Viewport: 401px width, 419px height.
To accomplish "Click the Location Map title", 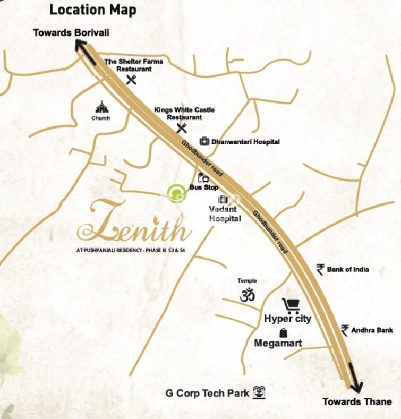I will click(x=93, y=10).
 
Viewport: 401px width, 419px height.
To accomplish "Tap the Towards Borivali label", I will click(x=71, y=32).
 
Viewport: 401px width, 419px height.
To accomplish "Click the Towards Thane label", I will click(x=357, y=401).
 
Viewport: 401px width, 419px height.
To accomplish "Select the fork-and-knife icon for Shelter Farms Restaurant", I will click(x=132, y=80).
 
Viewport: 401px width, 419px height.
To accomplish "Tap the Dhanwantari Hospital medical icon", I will click(x=204, y=141).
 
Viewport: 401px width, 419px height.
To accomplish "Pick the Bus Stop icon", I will click(x=202, y=178).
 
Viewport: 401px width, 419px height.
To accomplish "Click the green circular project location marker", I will click(x=177, y=194).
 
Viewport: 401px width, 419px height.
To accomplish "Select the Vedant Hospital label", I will click(x=225, y=214).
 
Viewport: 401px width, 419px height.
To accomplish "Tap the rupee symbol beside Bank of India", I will click(x=320, y=269).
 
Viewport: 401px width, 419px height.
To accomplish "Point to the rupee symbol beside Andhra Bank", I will click(x=345, y=330).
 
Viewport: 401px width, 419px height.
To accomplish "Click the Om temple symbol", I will click(x=247, y=295).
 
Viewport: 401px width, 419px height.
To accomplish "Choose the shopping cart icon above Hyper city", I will click(x=291, y=305).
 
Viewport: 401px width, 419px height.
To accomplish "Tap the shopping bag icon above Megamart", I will click(x=283, y=333).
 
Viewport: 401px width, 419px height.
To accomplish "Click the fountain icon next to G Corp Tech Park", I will click(x=259, y=393).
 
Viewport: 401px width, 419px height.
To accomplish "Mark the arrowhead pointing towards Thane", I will click(x=355, y=385).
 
